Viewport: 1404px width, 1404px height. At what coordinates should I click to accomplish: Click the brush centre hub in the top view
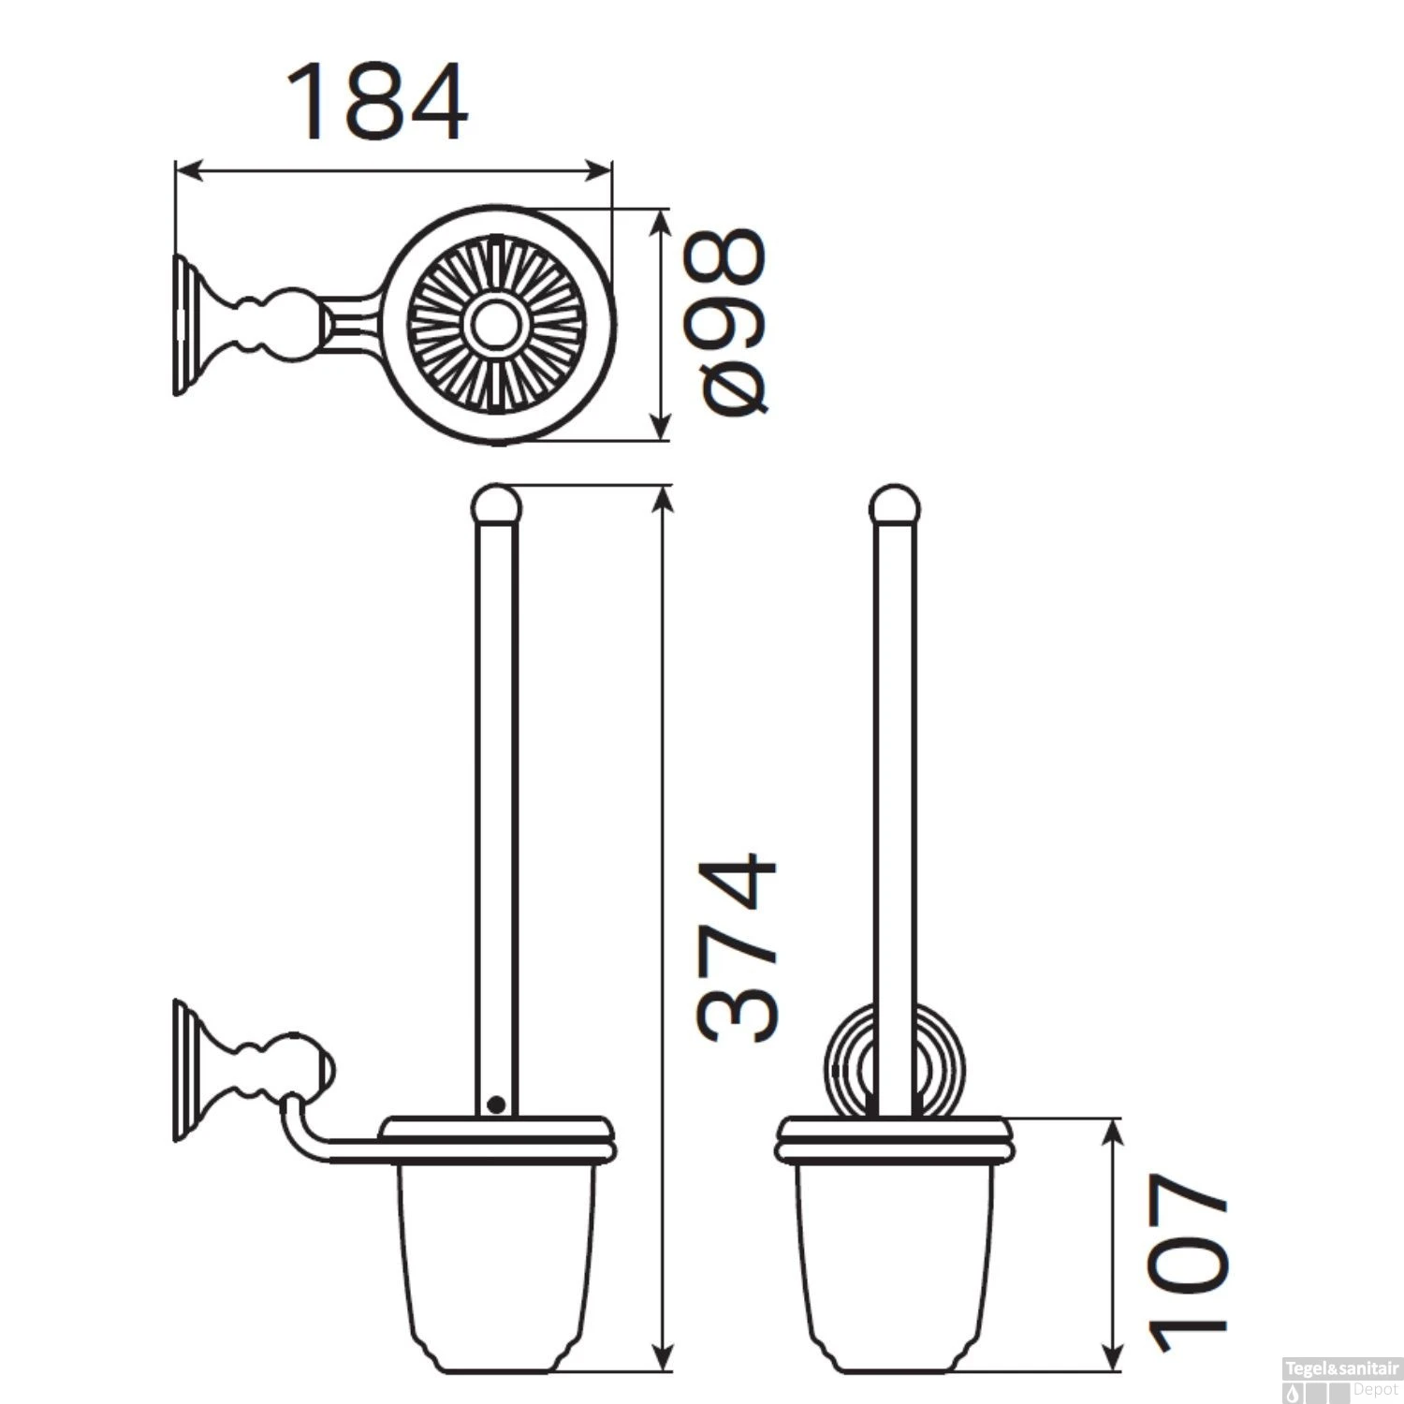[x=490, y=323]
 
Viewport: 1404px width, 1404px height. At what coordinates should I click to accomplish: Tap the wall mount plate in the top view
[x=183, y=325]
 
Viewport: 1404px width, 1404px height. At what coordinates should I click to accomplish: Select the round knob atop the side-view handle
[x=495, y=505]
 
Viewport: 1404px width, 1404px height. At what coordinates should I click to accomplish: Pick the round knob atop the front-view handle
[x=894, y=505]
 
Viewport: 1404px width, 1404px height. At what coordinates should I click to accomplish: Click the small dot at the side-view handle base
[x=497, y=1105]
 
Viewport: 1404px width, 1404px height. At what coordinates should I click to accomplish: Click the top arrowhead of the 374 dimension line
[x=663, y=497]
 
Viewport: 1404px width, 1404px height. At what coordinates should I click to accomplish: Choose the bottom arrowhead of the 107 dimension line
[x=1112, y=1361]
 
